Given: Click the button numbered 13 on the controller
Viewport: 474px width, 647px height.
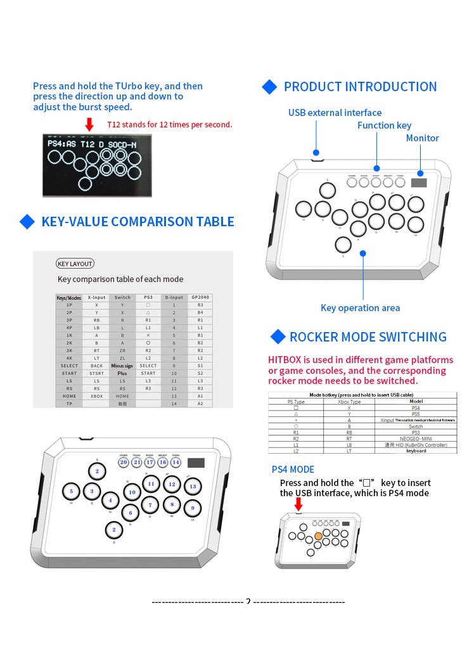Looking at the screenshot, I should point(193,486).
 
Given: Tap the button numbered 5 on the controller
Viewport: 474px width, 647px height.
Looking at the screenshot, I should point(71,491).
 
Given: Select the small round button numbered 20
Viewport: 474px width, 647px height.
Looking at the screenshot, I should point(124,462).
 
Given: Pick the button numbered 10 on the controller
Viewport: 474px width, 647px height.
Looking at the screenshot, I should point(132,492).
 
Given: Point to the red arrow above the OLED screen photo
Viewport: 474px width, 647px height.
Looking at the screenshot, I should point(89,124).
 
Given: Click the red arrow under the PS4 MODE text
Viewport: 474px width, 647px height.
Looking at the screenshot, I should point(298,504).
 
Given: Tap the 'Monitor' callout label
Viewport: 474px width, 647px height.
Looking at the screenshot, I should point(422,138).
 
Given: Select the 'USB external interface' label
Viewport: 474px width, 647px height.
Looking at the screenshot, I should point(335,113).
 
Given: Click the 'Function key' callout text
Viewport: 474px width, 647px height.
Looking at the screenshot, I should point(384,125).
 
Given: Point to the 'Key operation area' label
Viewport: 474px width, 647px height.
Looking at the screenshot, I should point(360,308).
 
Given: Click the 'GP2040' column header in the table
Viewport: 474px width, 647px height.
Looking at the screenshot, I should point(200,297).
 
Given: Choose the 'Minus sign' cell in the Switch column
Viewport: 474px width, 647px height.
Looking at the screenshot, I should point(122,366).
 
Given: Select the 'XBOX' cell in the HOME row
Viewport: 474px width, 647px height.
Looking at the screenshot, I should point(96,396).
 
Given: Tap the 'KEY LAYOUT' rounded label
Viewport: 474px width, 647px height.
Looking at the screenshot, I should point(75,264).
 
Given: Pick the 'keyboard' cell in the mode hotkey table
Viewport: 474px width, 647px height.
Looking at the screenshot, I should point(416,451).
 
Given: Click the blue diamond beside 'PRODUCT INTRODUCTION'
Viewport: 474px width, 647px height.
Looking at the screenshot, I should point(270,87).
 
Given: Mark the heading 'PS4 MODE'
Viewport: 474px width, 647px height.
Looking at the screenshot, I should point(293,470).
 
